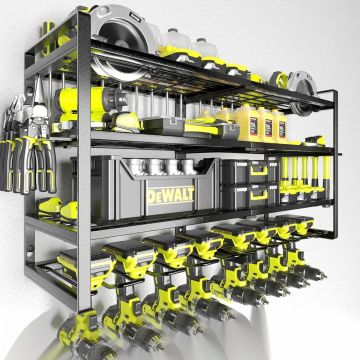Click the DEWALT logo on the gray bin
tap(170, 195)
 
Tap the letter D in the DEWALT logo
tap(151, 197)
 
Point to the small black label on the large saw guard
tap(134, 15)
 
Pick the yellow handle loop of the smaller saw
tap(279, 80)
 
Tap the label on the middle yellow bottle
tap(268, 127)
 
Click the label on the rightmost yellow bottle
tap(282, 128)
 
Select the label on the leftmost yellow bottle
tap(254, 126)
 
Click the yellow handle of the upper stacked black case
tap(259, 170)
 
